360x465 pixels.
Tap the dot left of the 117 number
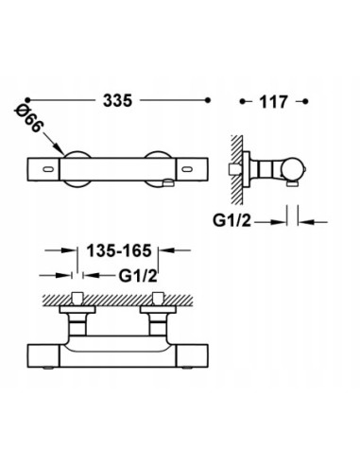click(x=245, y=98)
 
